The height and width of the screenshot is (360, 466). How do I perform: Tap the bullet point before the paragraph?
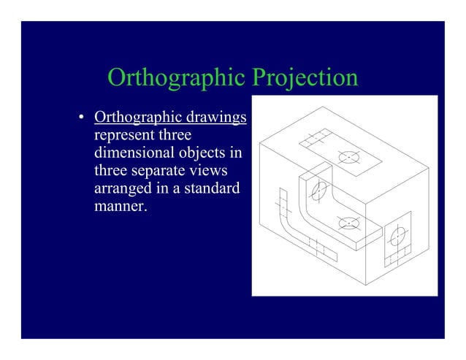[x=83, y=119]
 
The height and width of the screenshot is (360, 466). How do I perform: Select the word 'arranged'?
[x=121, y=188]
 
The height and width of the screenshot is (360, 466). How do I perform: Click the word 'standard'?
[x=214, y=188]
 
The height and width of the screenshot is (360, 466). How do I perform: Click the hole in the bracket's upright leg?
[x=318, y=192]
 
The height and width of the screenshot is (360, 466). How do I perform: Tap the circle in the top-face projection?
[x=349, y=156]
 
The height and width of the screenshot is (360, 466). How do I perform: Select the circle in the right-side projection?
[x=398, y=236]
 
